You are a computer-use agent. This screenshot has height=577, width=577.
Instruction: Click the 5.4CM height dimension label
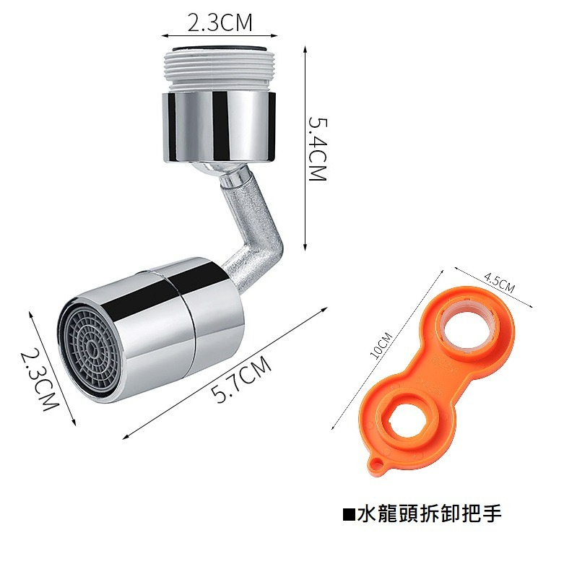318,149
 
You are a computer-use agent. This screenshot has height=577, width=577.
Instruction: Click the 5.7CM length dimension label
242,381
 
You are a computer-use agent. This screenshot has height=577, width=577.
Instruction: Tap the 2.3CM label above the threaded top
220,22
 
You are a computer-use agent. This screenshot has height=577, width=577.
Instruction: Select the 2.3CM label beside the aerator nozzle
38,380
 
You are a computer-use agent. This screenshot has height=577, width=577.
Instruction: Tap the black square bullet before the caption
348,515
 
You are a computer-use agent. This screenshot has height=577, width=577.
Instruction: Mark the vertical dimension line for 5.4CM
304,149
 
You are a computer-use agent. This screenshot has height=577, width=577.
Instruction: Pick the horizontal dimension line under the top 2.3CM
220,35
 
